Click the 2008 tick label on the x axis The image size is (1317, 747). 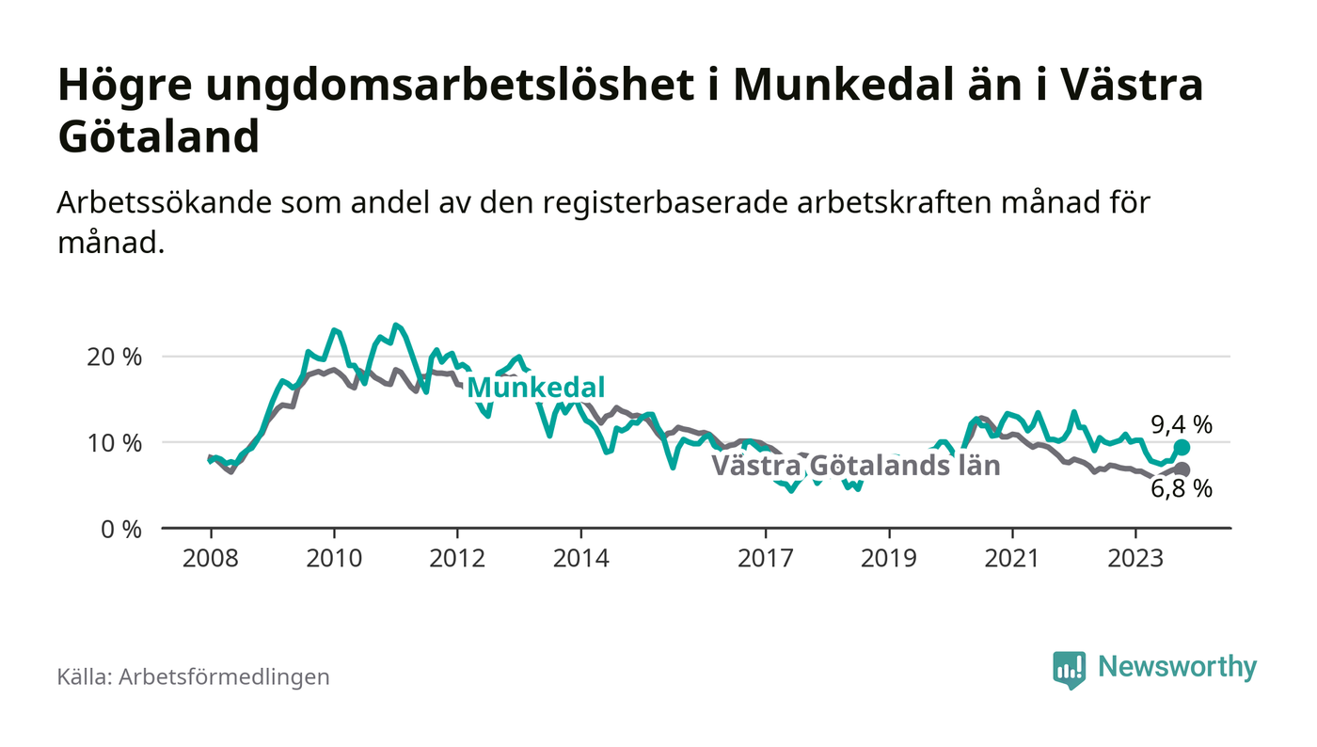point(210,557)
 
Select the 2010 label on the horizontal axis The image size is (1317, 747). point(334,557)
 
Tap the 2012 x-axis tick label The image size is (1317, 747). point(457,557)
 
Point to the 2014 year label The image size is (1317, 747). point(581,557)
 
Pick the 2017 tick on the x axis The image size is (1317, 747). point(767,557)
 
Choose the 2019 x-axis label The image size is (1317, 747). point(890,557)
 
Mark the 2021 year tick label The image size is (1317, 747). point(1013,557)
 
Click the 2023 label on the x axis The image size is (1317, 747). point(1136,557)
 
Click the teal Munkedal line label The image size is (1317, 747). point(535,388)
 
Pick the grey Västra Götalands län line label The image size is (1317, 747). point(855,465)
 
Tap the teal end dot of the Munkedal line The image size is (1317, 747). point(1182,448)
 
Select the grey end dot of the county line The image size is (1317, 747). point(1182,469)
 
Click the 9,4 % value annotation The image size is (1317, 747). point(1182,424)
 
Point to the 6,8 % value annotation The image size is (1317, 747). point(1182,489)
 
